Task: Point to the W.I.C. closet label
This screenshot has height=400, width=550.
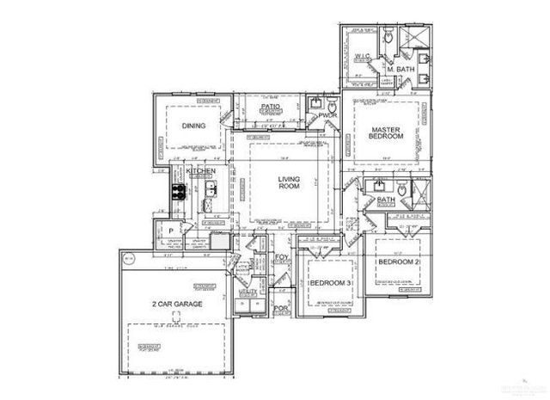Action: point(362,58)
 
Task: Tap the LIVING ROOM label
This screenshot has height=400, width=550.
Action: point(288,183)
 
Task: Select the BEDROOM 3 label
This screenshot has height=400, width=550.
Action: point(331,283)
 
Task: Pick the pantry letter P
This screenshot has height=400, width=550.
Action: point(171,231)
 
